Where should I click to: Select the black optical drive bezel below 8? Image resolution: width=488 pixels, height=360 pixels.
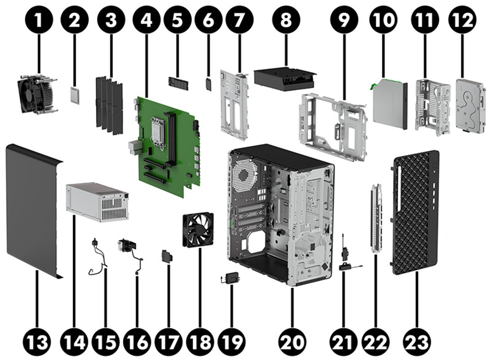click(x=284, y=80)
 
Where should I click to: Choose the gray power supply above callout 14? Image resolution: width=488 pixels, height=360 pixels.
click(x=97, y=201)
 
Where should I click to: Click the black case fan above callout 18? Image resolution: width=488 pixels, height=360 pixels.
click(x=198, y=230)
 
